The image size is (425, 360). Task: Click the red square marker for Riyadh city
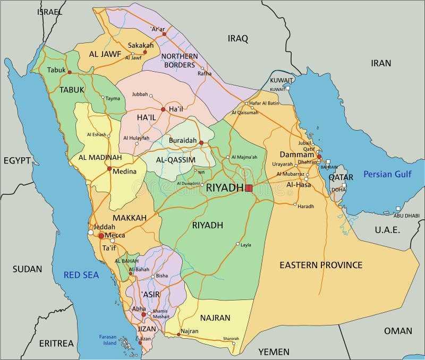tap(249, 187)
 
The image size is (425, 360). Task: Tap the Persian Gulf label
tap(387, 174)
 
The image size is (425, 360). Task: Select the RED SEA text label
tap(81, 275)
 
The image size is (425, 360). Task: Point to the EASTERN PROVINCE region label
tap(321, 264)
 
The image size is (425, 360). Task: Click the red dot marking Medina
tap(109, 169)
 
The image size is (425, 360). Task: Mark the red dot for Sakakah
tap(144, 52)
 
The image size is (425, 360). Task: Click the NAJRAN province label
tap(215, 318)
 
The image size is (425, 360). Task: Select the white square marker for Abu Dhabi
tap(398, 209)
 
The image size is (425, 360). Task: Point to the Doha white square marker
tap(344, 186)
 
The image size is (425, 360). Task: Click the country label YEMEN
tap(274, 352)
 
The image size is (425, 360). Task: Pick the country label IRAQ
tap(238, 38)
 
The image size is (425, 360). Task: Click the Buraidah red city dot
tap(201, 142)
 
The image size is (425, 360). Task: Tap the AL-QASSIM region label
tap(176, 159)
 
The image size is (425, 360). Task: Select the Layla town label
tap(246, 245)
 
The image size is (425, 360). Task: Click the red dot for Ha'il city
tap(163, 109)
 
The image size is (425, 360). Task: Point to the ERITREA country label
tap(56, 343)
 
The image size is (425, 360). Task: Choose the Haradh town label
tap(306, 206)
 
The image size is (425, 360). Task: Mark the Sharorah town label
tap(231, 338)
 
